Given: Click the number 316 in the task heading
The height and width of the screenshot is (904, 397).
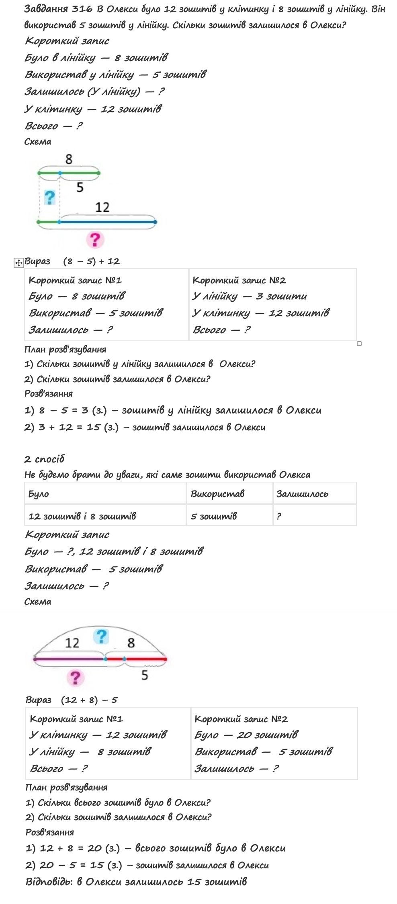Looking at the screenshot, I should [83, 9].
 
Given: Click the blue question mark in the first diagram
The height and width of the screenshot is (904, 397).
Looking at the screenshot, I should [49, 197].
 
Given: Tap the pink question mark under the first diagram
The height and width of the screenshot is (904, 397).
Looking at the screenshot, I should [95, 240].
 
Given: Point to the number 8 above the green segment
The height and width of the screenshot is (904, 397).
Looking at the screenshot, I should [69, 159].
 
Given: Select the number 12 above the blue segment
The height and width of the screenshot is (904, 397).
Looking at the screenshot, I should [102, 207].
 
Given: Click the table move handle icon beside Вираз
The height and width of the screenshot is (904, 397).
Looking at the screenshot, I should [18, 263].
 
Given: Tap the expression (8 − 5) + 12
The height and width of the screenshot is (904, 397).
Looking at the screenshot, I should [92, 261].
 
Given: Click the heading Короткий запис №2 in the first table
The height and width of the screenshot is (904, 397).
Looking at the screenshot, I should [239, 280].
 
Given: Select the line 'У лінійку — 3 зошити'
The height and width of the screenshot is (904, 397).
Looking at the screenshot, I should [249, 296].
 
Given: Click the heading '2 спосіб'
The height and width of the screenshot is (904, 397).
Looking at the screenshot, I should [44, 459].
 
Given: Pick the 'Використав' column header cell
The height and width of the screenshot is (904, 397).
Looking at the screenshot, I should [217, 494].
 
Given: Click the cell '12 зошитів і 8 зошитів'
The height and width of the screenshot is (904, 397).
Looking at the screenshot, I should [82, 516].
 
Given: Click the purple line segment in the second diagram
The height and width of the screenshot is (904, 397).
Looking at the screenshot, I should [68, 659].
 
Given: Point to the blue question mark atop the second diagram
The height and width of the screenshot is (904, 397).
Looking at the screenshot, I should [100, 636].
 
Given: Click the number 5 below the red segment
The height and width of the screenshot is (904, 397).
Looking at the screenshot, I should [145, 675].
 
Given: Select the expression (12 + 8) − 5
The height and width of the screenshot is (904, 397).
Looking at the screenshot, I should [89, 700].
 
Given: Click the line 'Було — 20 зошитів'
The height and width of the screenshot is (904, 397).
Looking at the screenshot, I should [246, 735].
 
